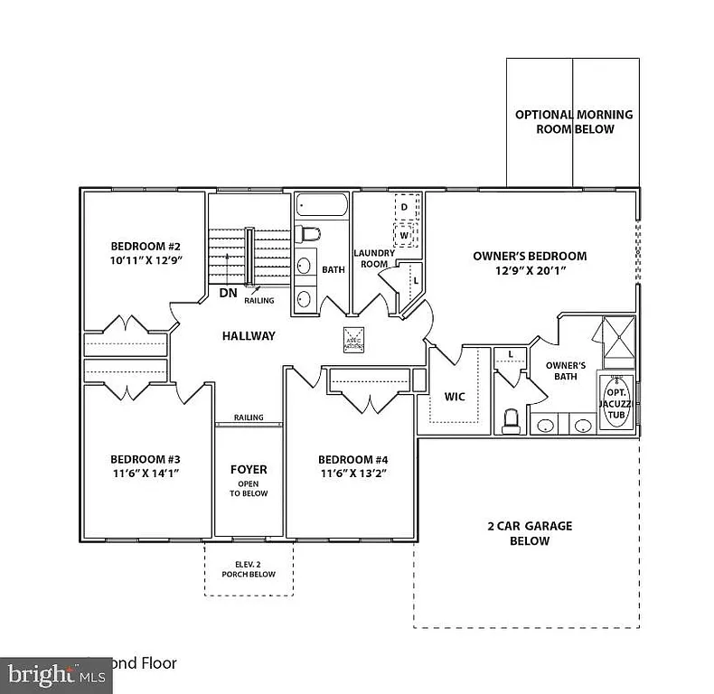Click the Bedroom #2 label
click(146, 247)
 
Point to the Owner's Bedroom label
click(530, 256)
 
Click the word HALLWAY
click(249, 336)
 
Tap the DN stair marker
click(228, 293)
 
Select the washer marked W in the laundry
click(405, 235)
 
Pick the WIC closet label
click(454, 395)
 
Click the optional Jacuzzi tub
click(615, 403)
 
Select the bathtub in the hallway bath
click(321, 205)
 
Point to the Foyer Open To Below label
click(249, 480)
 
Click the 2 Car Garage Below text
click(531, 533)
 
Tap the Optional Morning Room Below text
click(573, 122)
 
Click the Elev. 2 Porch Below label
click(249, 569)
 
